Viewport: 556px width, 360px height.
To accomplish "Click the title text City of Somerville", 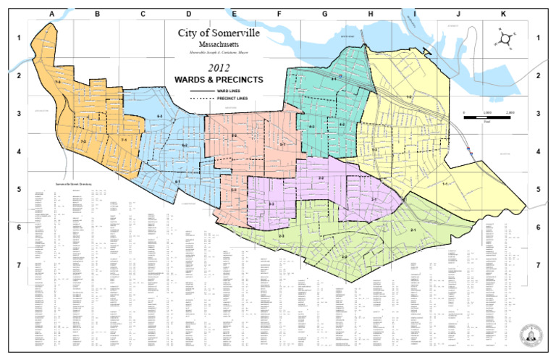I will click(219, 33).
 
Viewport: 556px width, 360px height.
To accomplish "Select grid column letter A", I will click(51, 14).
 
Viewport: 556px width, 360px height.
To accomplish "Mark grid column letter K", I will click(504, 14).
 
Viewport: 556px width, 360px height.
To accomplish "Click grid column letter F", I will click(279, 14).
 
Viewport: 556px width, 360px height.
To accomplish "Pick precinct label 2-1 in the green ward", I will click(412, 230).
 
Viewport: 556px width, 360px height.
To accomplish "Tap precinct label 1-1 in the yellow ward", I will click(445, 183).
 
